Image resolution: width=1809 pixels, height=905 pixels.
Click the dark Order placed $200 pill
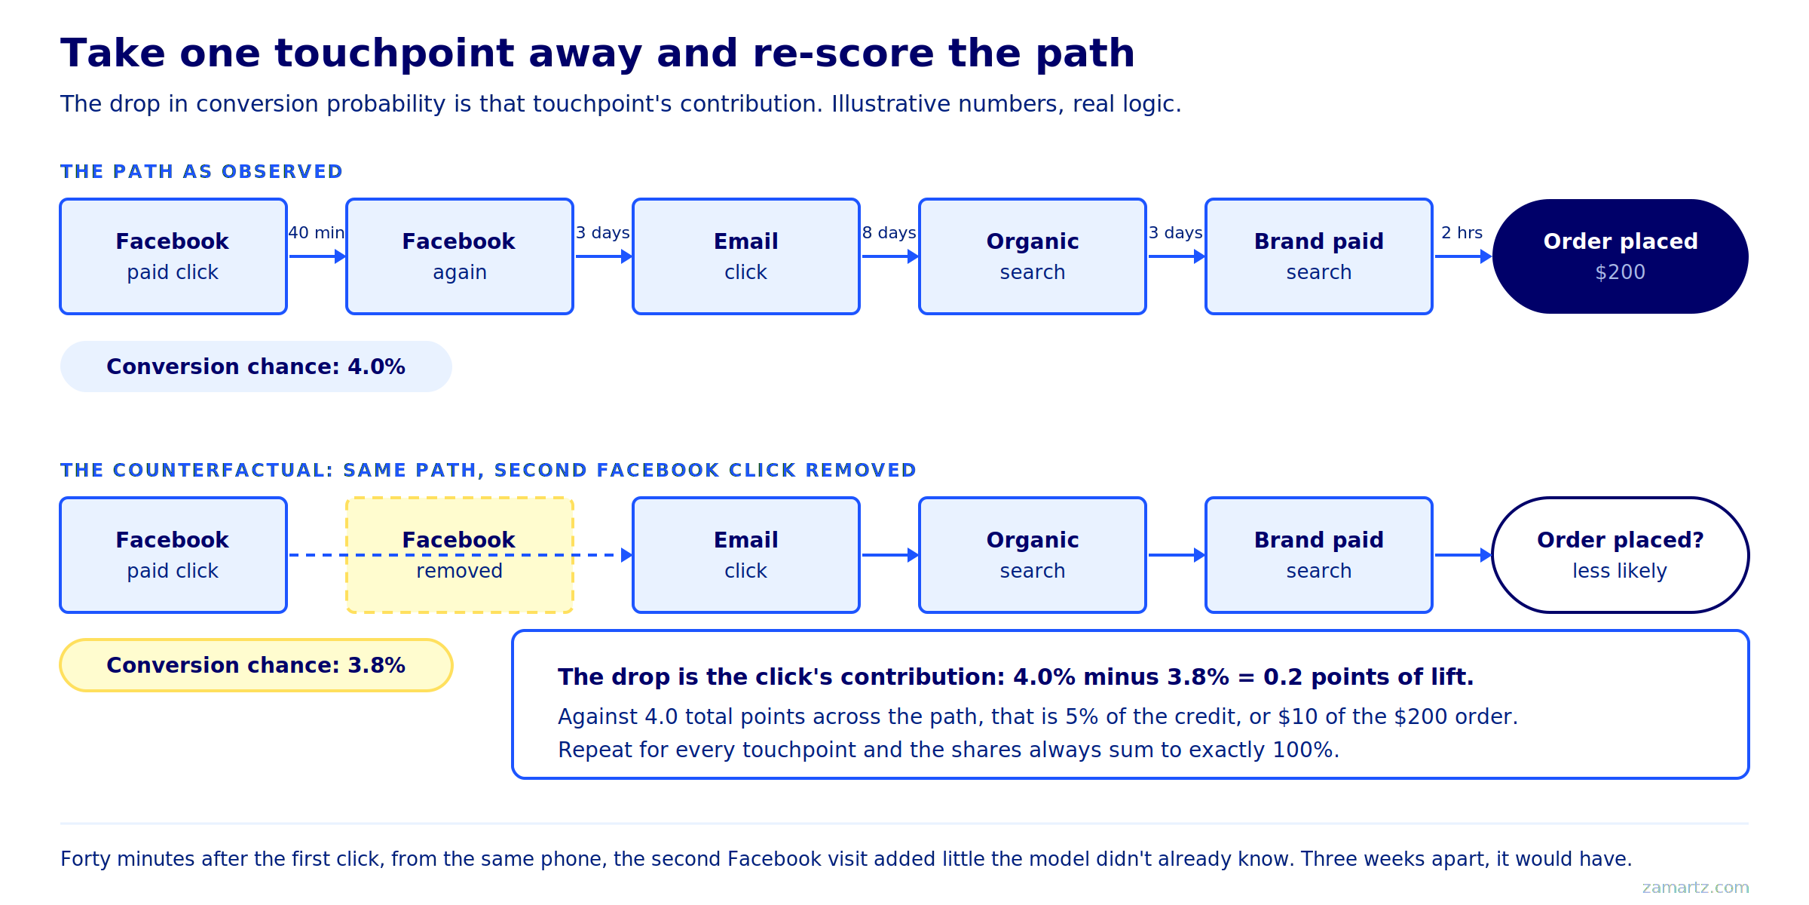coord(1621,256)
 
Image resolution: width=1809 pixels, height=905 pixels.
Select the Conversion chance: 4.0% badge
coord(256,367)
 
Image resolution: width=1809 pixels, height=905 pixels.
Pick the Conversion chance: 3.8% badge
coord(256,665)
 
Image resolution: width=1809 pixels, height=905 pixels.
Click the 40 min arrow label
coord(317,233)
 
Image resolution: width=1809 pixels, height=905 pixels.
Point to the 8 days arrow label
coord(889,233)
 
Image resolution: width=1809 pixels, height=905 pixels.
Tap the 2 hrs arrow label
coord(1462,233)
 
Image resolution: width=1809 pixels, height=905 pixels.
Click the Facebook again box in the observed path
coord(460,256)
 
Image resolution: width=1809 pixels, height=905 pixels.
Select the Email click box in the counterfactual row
coord(746,555)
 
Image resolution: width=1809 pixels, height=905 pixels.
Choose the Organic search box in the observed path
coord(1033,256)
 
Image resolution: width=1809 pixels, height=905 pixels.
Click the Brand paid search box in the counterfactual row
coord(1319,555)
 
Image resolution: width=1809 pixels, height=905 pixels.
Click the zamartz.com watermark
coord(1695,888)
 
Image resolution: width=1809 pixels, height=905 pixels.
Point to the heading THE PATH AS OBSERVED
coord(201,172)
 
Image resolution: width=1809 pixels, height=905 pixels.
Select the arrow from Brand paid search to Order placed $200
coord(1463,256)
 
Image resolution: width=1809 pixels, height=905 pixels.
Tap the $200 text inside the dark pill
coord(1621,272)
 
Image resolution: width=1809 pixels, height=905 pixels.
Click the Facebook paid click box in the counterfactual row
coord(173,555)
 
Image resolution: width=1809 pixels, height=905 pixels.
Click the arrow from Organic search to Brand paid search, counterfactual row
coord(1177,555)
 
